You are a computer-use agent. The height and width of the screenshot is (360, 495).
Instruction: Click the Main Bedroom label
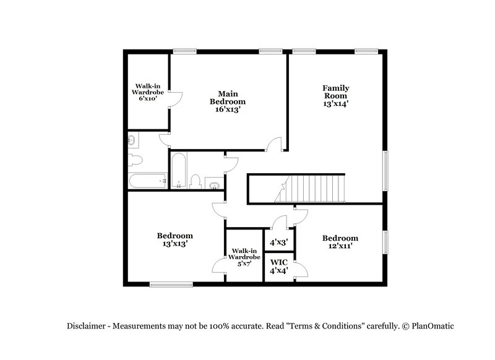pyautogui.click(x=227, y=101)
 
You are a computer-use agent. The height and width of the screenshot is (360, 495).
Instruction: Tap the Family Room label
pyautogui.click(x=336, y=96)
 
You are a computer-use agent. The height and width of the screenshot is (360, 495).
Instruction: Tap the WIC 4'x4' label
pyautogui.click(x=278, y=266)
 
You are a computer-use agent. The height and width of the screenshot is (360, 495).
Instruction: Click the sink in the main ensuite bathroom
pyautogui.click(x=132, y=141)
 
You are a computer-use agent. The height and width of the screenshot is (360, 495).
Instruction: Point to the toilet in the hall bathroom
pyautogui.click(x=196, y=181)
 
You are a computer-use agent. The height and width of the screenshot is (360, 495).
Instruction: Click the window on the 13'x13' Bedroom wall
pyautogui.click(x=171, y=285)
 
